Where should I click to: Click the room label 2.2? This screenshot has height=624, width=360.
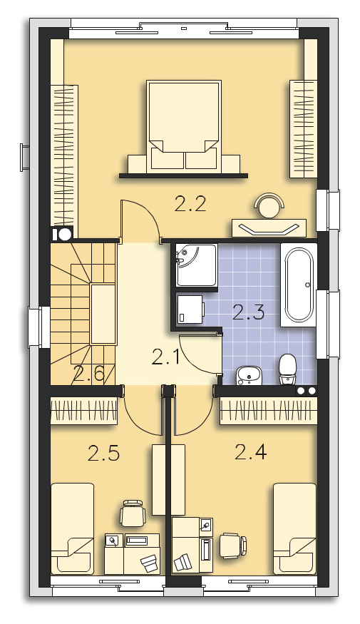point(190,205)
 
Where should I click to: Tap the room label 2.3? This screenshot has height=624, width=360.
point(249,312)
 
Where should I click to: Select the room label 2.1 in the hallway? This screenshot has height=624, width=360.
point(166,357)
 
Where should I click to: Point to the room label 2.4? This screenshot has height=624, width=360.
point(251,451)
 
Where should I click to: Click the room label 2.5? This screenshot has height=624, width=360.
point(103,454)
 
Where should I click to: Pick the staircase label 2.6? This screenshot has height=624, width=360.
point(88,374)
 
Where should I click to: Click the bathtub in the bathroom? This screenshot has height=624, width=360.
point(299,285)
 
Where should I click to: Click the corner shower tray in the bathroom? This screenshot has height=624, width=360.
point(197,265)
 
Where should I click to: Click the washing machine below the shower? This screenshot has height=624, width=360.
point(190,310)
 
